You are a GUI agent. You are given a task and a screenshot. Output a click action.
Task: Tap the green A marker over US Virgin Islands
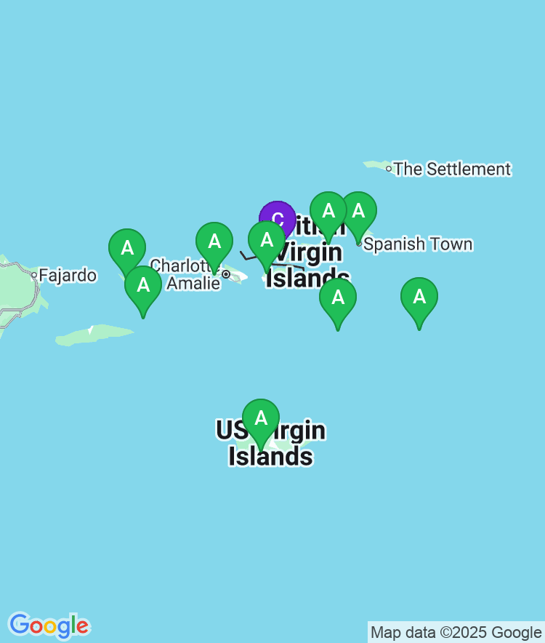tap(261, 418)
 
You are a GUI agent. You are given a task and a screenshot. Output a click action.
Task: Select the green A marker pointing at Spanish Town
tap(358, 211)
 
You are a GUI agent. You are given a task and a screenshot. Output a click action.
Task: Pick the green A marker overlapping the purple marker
tap(267, 240)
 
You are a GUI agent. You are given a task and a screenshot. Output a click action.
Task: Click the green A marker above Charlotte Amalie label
tap(214, 241)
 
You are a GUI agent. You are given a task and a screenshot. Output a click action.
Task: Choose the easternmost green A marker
tap(419, 296)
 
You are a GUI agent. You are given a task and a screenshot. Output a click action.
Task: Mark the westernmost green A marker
tap(127, 247)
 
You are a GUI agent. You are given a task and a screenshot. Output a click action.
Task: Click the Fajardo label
tap(68, 275)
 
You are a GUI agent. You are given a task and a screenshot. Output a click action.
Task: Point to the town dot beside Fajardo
tap(33, 275)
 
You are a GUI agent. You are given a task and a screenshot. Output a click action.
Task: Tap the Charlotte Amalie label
tap(185, 273)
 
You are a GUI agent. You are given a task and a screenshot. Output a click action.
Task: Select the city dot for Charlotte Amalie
tap(226, 274)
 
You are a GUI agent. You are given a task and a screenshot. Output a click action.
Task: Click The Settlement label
tap(452, 169)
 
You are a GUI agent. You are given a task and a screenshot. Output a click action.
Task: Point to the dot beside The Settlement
tap(389, 169)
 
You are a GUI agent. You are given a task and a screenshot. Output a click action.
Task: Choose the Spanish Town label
tap(418, 244)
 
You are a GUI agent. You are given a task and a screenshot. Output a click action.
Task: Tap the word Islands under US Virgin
tap(270, 456)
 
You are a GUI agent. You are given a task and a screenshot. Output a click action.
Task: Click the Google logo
tap(49, 625)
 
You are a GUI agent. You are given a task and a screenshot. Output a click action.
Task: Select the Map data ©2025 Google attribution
tap(456, 632)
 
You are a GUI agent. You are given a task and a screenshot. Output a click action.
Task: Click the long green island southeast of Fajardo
tap(94, 335)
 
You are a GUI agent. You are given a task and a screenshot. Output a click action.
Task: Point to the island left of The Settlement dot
tap(375, 165)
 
